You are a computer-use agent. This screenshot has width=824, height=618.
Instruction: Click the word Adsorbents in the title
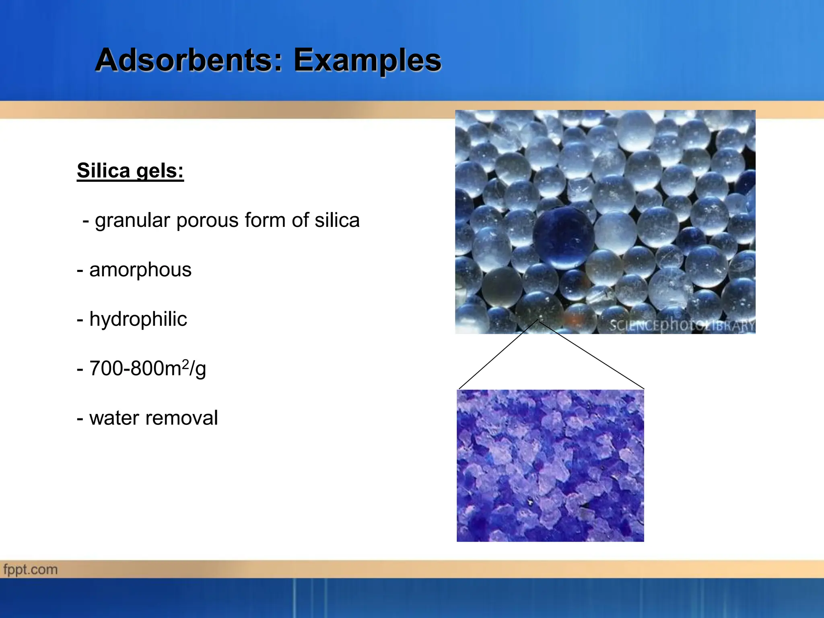183,60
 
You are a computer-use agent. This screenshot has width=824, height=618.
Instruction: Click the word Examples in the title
367,60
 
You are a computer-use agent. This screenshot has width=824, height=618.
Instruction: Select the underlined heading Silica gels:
130,171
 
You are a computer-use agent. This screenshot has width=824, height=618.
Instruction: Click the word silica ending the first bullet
337,220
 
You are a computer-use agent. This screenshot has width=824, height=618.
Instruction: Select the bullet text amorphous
140,270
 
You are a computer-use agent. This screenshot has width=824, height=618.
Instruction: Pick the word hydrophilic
138,319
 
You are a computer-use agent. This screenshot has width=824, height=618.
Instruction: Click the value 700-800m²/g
147,369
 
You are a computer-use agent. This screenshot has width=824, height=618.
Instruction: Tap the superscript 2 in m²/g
185,364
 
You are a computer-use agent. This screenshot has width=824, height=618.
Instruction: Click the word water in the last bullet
114,418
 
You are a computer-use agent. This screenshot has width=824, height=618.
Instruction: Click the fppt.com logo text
31,570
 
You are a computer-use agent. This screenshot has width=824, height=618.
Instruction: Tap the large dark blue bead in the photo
563,237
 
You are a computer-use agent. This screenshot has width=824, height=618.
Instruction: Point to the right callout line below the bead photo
591,355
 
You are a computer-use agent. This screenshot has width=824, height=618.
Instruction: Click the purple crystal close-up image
550,466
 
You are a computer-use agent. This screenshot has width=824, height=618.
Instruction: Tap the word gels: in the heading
160,171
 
